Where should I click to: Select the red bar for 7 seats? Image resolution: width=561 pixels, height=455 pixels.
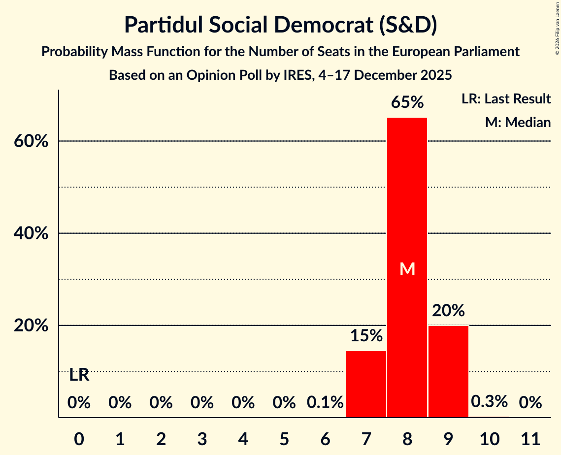tap(366, 384)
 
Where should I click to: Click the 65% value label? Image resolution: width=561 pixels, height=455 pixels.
tap(407, 102)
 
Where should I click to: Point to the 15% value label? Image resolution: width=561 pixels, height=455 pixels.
tap(366, 336)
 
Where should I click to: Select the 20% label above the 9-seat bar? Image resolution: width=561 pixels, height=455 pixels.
tap(448, 311)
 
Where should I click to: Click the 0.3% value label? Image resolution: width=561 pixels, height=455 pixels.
tap(489, 401)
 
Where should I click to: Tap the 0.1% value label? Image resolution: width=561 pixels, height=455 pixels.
tap(325, 403)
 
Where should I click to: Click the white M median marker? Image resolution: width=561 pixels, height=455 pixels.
tap(407, 269)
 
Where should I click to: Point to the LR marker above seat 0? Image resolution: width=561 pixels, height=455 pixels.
tap(79, 375)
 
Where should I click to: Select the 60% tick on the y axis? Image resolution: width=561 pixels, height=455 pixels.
tap(30, 141)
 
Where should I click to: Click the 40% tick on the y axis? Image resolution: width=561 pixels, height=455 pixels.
tap(30, 233)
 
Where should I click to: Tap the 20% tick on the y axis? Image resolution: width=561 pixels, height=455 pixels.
tap(30, 326)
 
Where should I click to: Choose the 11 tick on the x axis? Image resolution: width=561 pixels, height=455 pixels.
tap(530, 438)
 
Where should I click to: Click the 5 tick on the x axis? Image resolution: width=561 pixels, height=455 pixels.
tap(284, 438)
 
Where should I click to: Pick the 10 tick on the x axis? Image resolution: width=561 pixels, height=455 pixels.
tap(489, 438)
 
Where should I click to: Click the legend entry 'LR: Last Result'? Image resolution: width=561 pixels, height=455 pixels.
tap(506, 99)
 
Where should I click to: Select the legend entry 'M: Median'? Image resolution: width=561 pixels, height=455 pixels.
tap(518, 122)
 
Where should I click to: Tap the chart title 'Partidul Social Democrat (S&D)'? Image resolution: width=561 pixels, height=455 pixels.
tap(280, 25)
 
